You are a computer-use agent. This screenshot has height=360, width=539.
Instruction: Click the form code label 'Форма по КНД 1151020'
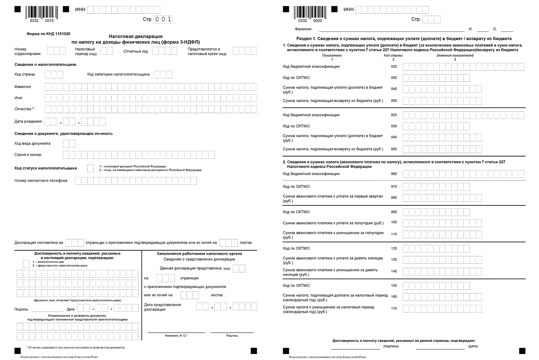click(x=49, y=34)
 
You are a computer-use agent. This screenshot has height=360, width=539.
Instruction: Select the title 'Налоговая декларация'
click(x=136, y=36)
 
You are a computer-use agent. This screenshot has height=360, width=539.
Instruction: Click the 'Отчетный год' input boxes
click(x=165, y=51)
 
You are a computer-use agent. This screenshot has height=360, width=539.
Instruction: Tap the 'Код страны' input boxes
click(x=54, y=74)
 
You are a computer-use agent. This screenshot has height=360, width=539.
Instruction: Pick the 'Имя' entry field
click(x=151, y=98)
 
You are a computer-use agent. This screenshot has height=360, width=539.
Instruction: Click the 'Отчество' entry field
click(x=151, y=109)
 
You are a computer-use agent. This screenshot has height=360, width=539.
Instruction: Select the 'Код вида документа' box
click(x=69, y=143)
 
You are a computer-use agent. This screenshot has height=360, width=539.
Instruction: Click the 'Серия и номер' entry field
click(x=139, y=155)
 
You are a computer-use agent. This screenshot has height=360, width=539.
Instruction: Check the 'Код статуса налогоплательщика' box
click(x=90, y=168)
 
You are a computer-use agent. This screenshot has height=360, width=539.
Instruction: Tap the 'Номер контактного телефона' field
click(x=136, y=181)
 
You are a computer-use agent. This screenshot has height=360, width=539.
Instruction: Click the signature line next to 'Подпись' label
click(x=47, y=309)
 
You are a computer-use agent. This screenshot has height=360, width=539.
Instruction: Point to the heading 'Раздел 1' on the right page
click(x=404, y=38)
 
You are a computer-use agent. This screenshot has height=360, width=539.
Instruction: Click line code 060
click(x=394, y=174)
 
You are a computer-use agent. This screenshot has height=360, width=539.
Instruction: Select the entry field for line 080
click(x=442, y=198)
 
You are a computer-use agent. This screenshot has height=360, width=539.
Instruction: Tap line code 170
click(x=394, y=308)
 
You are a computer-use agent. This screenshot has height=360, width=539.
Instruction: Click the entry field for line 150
click(x=436, y=286)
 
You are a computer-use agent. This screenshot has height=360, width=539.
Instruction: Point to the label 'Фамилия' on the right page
click(x=303, y=29)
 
